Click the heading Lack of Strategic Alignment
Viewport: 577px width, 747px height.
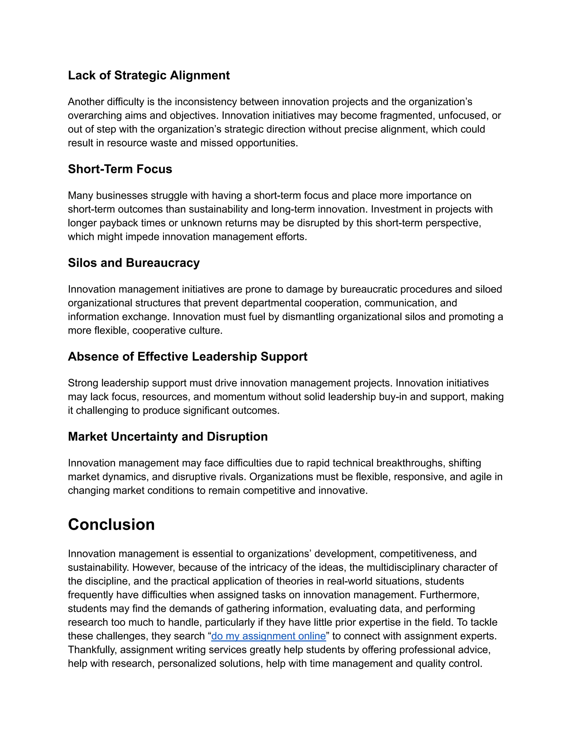(x=149, y=76)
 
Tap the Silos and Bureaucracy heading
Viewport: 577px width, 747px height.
(x=134, y=263)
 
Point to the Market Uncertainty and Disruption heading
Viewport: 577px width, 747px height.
(x=168, y=437)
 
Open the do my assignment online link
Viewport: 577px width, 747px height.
(x=268, y=636)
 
